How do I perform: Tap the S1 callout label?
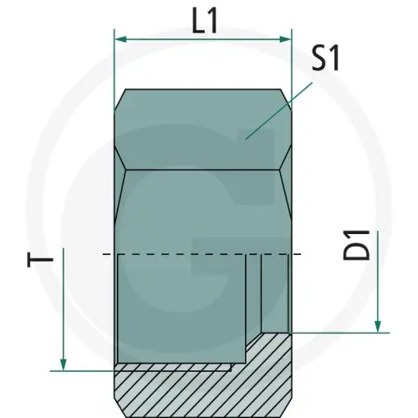click(325, 59)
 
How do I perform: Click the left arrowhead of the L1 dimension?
click(121, 39)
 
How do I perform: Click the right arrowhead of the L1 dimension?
click(285, 39)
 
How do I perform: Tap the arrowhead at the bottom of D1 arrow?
click(378, 326)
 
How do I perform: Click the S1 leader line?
click(278, 110)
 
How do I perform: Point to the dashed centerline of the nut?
click(201, 254)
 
